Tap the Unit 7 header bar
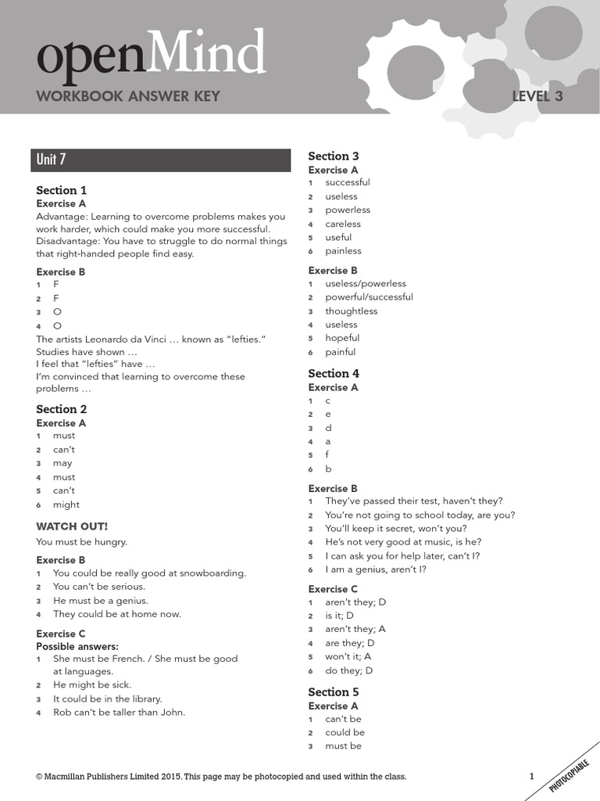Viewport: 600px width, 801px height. click(163, 160)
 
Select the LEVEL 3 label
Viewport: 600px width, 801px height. click(537, 97)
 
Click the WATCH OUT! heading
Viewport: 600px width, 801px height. click(72, 526)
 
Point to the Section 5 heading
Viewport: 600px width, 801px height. click(334, 691)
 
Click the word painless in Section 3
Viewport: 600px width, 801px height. click(343, 251)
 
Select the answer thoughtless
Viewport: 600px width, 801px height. click(351, 311)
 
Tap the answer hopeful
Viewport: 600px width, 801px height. click(342, 338)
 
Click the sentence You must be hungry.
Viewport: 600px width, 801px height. click(81, 541)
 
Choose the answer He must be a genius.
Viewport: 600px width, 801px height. click(100, 601)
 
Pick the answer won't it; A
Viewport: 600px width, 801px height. click(348, 657)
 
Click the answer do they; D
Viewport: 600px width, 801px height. click(348, 670)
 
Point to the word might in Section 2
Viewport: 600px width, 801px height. click(66, 505)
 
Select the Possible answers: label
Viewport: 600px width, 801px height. click(77, 647)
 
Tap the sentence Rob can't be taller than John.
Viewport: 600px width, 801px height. click(119, 713)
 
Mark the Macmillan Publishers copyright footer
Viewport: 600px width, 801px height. click(221, 777)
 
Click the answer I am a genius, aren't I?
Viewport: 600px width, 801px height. click(376, 569)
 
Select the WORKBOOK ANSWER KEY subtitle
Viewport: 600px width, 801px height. click(128, 97)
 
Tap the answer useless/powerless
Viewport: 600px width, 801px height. click(366, 283)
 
